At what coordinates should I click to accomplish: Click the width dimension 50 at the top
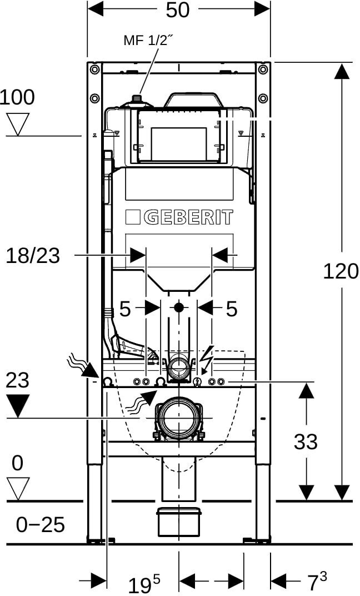click(177, 10)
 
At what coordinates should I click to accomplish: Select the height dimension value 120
click(341, 271)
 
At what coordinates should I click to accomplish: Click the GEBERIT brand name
click(188, 217)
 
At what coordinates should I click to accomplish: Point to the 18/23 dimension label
click(33, 256)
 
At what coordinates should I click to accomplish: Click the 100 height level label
click(17, 97)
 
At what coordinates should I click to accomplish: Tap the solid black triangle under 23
click(18, 406)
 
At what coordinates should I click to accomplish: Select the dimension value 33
click(306, 441)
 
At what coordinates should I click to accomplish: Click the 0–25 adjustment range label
click(40, 525)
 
